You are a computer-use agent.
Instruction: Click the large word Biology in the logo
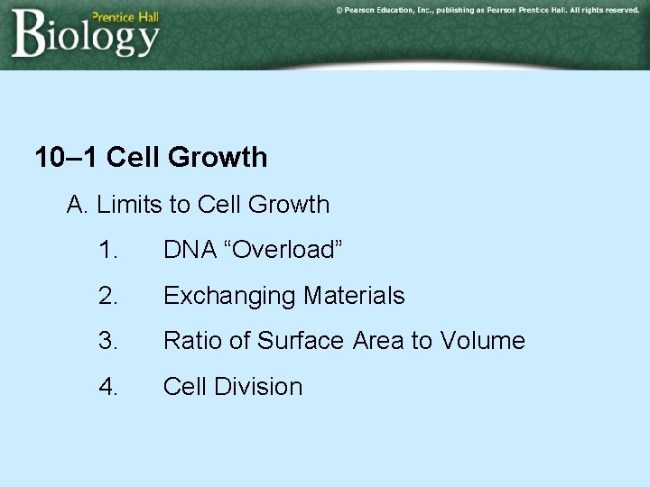pyautogui.click(x=86, y=36)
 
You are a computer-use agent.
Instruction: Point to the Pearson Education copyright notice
pyautogui.click(x=487, y=10)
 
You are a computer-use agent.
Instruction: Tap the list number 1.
pyautogui.click(x=108, y=250)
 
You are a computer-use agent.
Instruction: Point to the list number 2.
pyautogui.click(x=108, y=296)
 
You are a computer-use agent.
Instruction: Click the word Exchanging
pyautogui.click(x=229, y=296)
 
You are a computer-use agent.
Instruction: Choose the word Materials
pyautogui.click(x=354, y=296)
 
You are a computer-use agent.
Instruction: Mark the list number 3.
pyautogui.click(x=108, y=341)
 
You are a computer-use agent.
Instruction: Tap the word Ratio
pyautogui.click(x=193, y=341)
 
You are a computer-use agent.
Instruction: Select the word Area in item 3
pyautogui.click(x=378, y=341)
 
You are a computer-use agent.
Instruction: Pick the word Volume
pyautogui.click(x=482, y=341)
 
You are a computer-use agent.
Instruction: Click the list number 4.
pyautogui.click(x=108, y=387)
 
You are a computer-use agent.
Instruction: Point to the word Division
pyautogui.click(x=261, y=387)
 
